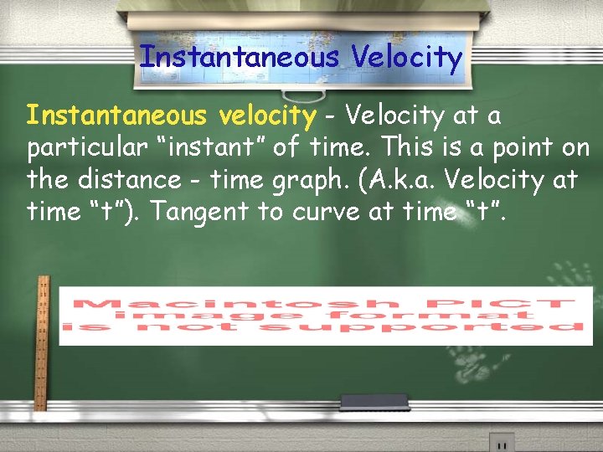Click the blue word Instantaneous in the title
pyautogui.click(x=240, y=57)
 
